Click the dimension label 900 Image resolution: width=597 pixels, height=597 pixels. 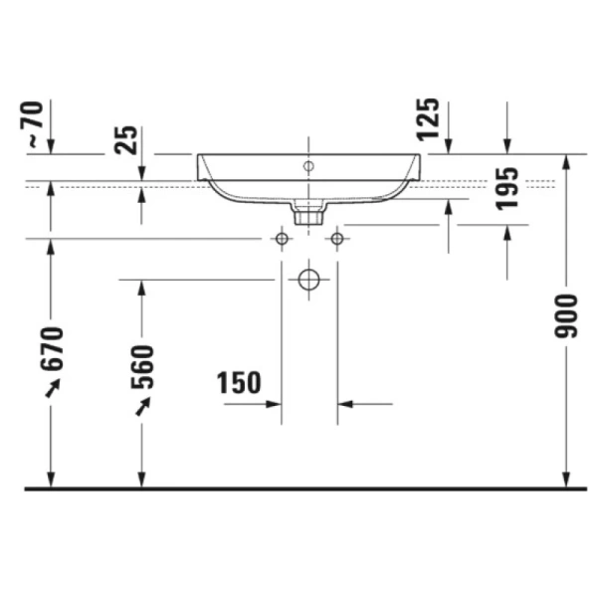(566, 315)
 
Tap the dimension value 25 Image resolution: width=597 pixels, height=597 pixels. (127, 139)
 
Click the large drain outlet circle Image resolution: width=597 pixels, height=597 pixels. (309, 281)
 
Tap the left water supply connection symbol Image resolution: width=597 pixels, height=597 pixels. (282, 239)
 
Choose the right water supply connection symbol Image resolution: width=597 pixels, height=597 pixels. (336, 239)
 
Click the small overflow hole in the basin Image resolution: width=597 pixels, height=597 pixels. (308, 164)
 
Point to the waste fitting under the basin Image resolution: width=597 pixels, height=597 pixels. (308, 211)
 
